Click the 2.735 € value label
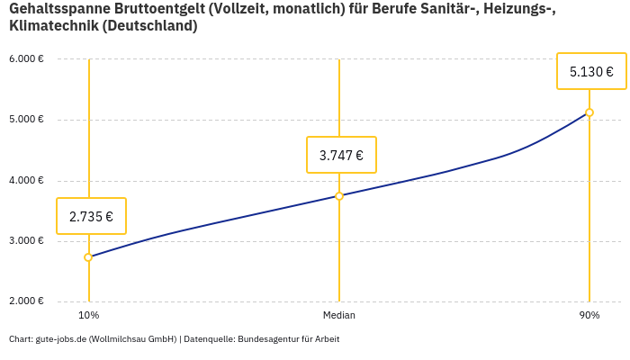tap(91, 216)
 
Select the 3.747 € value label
tap(341, 155)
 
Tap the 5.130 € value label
tap(591, 71)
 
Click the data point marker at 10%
tap(88, 257)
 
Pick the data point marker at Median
tap(339, 195)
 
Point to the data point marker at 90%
tap(589, 112)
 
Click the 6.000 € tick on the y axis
tap(27, 59)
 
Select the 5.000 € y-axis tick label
tap(27, 120)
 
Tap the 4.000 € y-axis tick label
tap(27, 180)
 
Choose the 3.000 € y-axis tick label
tap(27, 240)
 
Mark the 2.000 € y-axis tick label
tap(27, 301)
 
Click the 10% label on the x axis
tap(88, 315)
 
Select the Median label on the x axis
tap(339, 315)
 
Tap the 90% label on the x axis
tap(589, 315)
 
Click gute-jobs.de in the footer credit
tap(61, 339)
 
